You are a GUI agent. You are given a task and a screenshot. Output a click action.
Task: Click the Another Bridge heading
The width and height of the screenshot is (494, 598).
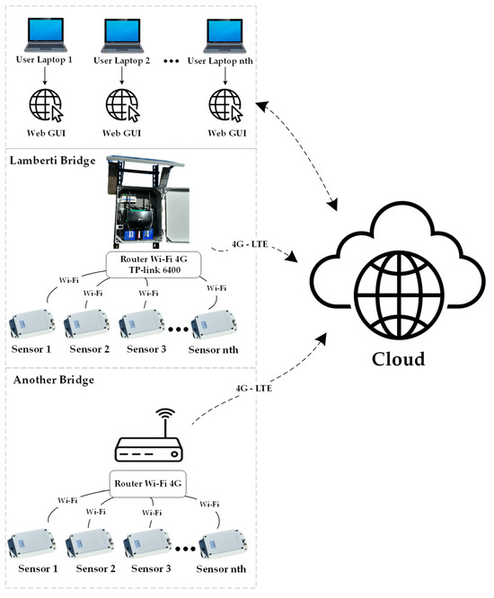click(x=53, y=380)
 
